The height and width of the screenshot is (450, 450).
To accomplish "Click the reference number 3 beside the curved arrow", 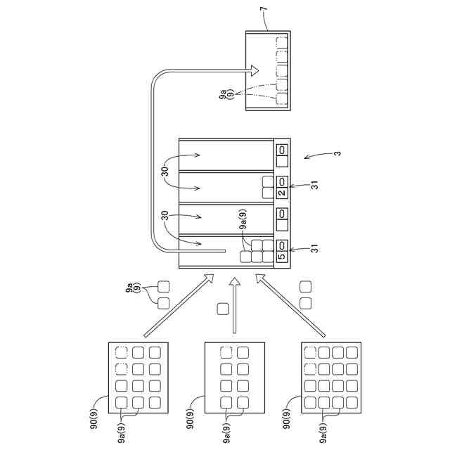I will click(x=337, y=154).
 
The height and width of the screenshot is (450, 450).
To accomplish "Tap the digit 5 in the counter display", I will click(x=281, y=257).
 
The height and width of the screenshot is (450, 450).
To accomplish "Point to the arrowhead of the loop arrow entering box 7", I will click(x=255, y=69).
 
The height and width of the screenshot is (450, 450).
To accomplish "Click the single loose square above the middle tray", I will click(x=223, y=308).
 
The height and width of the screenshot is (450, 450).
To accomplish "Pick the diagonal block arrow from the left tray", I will click(x=180, y=305).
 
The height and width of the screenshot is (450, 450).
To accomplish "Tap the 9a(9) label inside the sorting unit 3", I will click(x=243, y=221).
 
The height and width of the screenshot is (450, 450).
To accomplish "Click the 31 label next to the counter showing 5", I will click(x=316, y=247).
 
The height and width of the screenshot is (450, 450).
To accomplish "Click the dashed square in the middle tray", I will click(x=226, y=353).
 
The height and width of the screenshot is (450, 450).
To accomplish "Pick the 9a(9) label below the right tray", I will click(x=323, y=432).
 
